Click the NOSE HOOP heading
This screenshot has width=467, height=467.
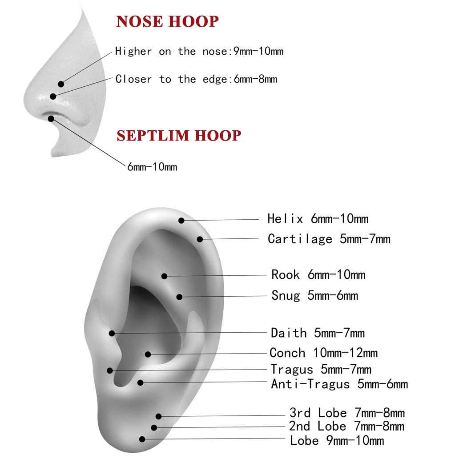pos(167,21)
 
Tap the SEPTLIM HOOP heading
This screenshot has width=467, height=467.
pos(179,135)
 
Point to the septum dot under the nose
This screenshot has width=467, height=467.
pos(51,118)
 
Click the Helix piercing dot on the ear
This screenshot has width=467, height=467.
pos(181,220)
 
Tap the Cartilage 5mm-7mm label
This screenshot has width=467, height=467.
pos(329,239)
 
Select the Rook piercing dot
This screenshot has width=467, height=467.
pos(165,276)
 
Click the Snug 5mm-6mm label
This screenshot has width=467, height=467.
pos(314,295)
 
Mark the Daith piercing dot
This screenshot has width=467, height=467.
pos(112,333)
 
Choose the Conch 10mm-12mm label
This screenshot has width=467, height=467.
pos(323,353)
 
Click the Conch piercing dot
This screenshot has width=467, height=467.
pos(148,354)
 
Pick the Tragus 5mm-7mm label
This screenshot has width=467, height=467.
pos(321,369)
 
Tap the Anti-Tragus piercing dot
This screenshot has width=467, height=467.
pos(141,382)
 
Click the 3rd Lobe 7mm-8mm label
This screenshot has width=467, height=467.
pos(347,413)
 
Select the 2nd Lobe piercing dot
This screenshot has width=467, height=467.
pos(154,427)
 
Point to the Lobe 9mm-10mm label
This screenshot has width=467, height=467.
pos(337,441)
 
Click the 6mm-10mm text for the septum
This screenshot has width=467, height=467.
pos(152,167)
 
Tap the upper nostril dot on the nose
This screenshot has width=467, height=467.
pos(61,84)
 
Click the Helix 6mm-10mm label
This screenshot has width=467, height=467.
pos(318,219)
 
